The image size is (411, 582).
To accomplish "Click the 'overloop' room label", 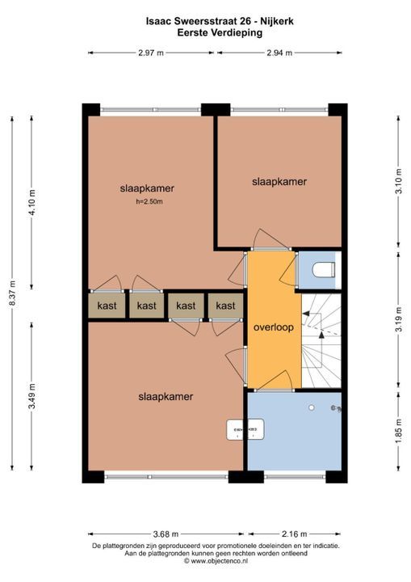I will (272, 329).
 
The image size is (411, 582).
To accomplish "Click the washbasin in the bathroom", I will (245, 429).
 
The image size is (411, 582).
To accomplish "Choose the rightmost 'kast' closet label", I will (225, 306).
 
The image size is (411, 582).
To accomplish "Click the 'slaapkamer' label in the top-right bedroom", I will (279, 182).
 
